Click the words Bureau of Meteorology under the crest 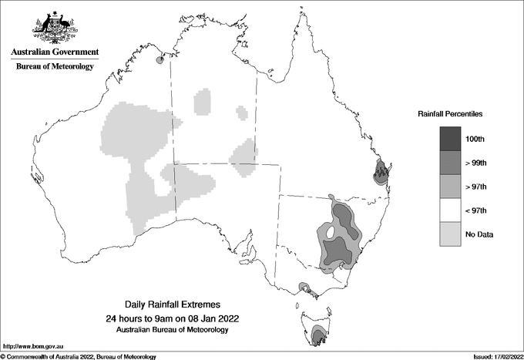[x=55, y=66]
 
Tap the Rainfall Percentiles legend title [x=450, y=114]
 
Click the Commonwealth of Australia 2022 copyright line [x=79, y=356]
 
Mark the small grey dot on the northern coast [x=159, y=59]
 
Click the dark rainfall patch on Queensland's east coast [x=380, y=173]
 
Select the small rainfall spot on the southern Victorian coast [x=306, y=289]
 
